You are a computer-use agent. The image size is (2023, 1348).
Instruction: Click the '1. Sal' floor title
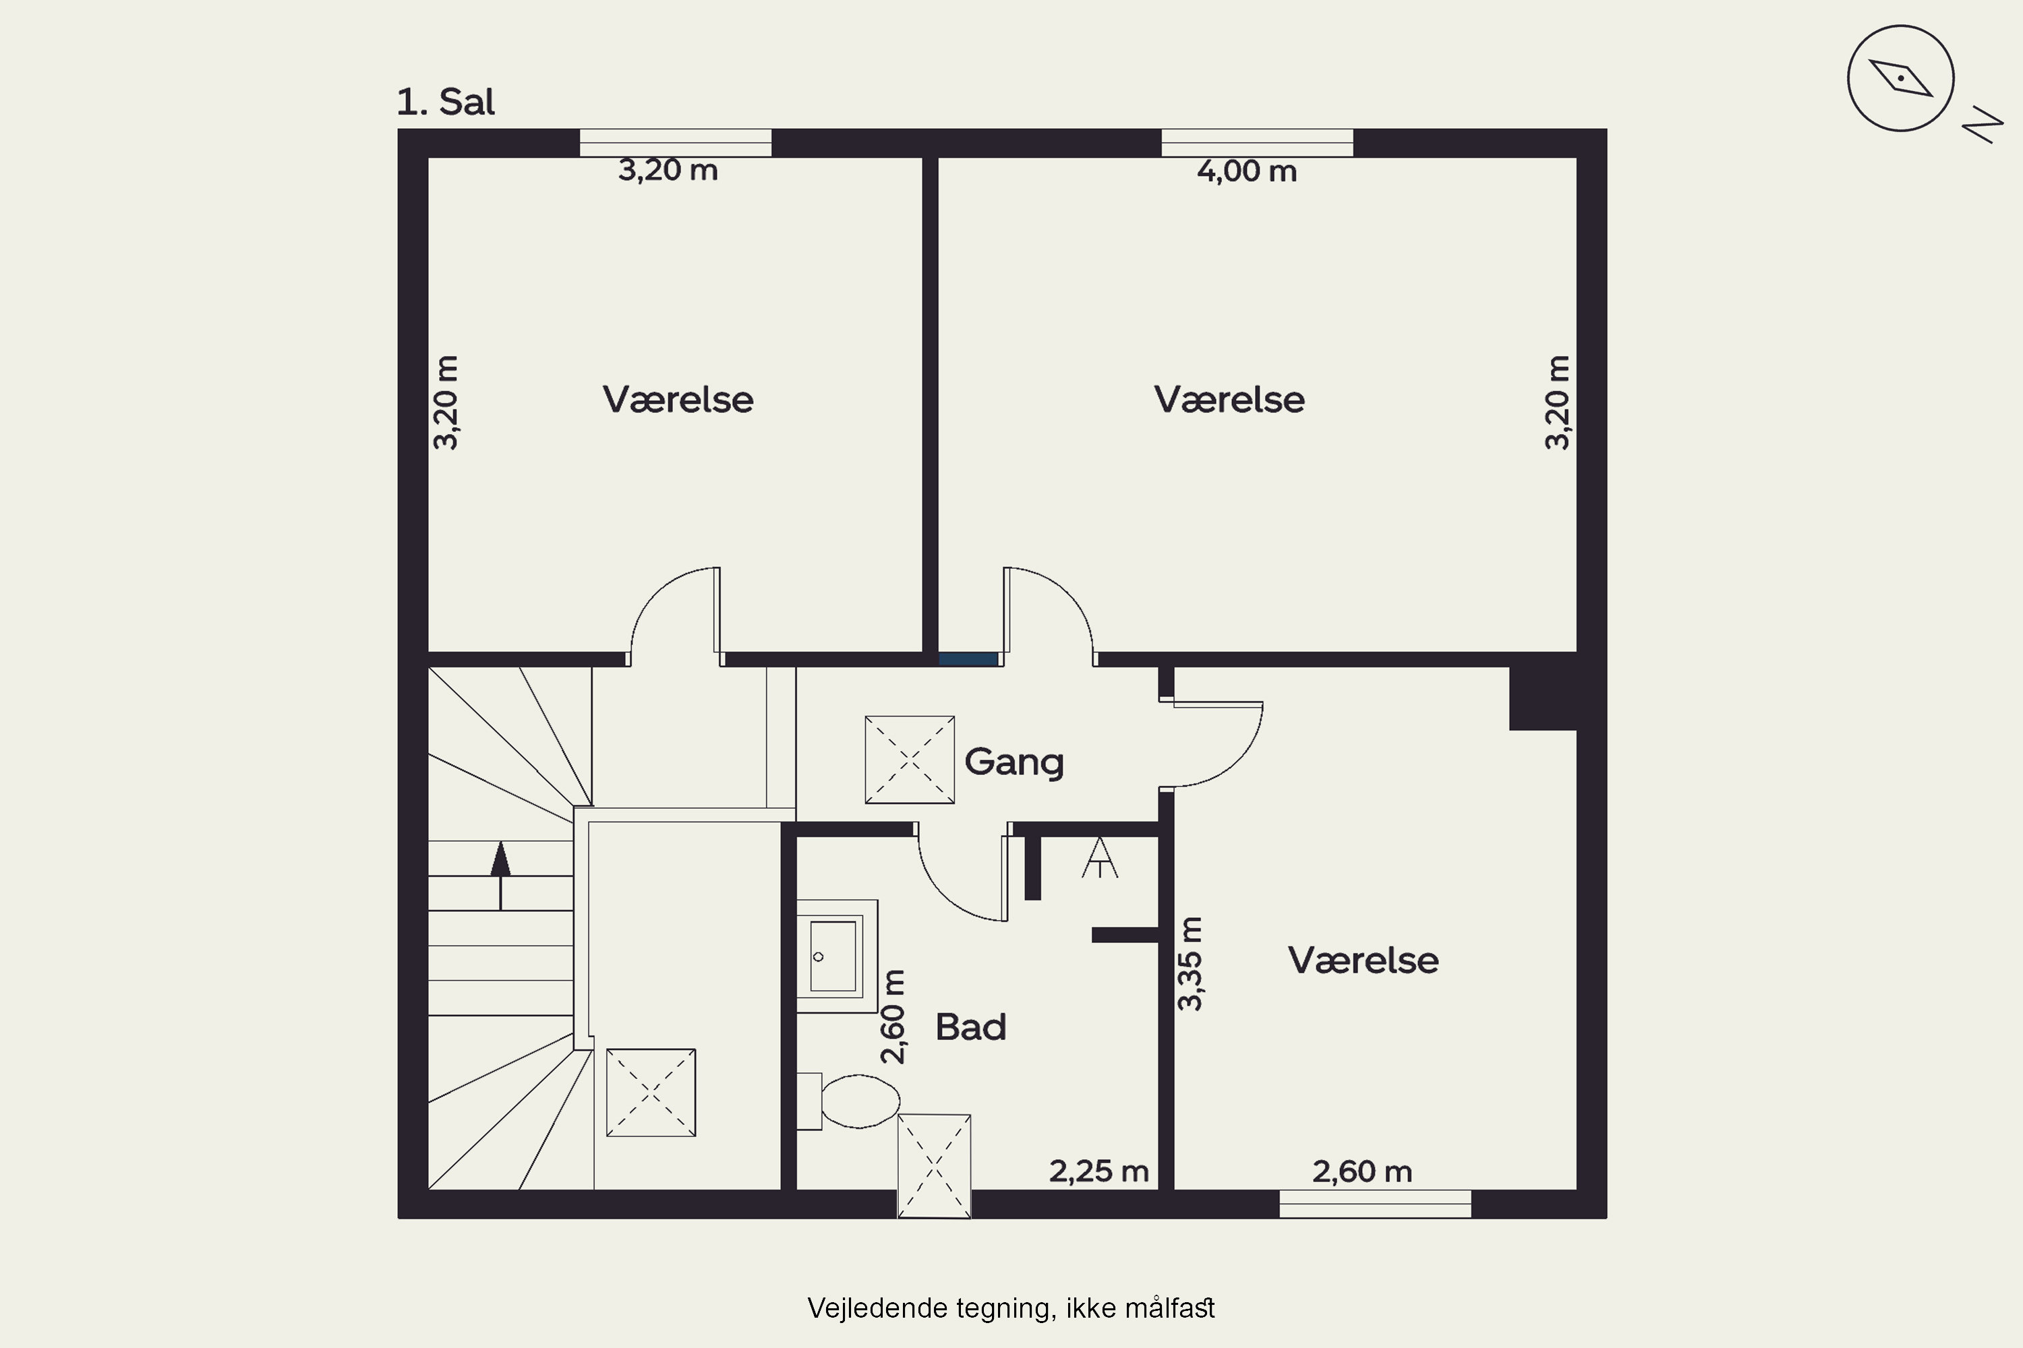(446, 102)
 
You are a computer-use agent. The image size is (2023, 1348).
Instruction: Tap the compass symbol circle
(1901, 79)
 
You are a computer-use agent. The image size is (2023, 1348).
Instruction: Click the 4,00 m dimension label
(1246, 171)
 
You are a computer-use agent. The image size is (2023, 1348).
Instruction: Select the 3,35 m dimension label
(1190, 964)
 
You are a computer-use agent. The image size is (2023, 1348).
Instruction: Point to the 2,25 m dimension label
(1099, 1171)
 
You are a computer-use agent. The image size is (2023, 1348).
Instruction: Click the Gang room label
(1014, 762)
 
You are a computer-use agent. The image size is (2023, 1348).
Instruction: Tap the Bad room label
(970, 1027)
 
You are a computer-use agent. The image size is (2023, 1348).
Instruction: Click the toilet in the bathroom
(848, 1101)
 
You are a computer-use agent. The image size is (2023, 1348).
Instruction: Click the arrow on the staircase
(500, 876)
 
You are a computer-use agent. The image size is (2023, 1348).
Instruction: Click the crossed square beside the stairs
(651, 1093)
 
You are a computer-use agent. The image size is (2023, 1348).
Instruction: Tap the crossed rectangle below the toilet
(934, 1167)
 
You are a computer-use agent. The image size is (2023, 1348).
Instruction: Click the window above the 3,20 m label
(675, 143)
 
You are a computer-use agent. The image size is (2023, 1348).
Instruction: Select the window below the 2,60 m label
(1376, 1204)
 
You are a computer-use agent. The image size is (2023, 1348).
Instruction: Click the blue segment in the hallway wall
(968, 659)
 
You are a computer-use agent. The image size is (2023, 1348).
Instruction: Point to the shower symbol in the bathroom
(1099, 858)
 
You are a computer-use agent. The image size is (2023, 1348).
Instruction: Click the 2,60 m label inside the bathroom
(893, 1017)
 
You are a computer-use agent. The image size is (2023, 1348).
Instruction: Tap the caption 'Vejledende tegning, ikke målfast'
(1011, 1308)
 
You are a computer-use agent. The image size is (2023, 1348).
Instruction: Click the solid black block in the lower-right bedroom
(1543, 699)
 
